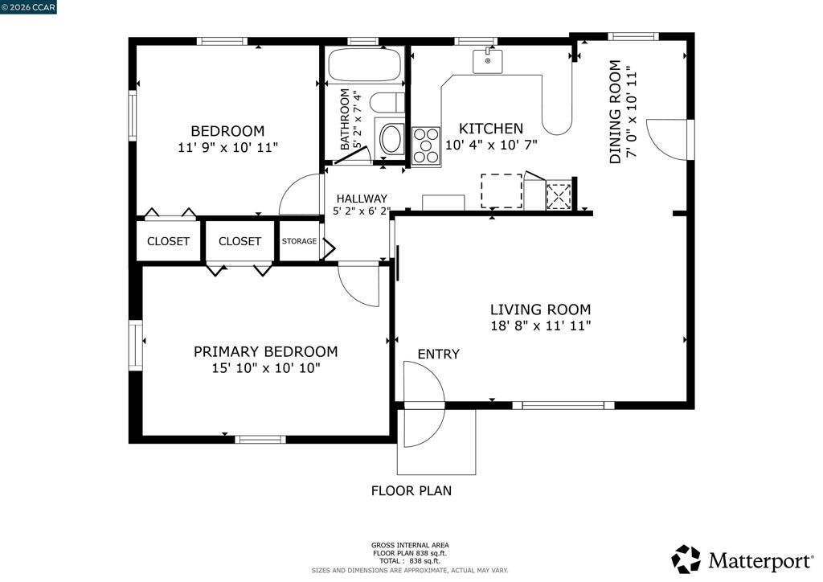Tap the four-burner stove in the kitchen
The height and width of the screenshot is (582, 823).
pyautogui.click(x=426, y=146)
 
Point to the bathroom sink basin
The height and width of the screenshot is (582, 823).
pyautogui.click(x=392, y=139)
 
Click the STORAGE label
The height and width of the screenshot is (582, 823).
pyautogui.click(x=299, y=241)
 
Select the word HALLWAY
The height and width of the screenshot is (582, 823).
pyautogui.click(x=362, y=199)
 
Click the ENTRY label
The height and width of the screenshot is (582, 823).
pyautogui.click(x=438, y=354)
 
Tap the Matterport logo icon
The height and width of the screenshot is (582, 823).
pyautogui.click(x=686, y=559)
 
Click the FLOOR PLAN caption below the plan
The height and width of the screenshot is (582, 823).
pyautogui.click(x=411, y=490)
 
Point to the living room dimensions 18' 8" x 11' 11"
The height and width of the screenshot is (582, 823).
pyautogui.click(x=541, y=326)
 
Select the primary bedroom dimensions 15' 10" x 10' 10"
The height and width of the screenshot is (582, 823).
pyautogui.click(x=265, y=368)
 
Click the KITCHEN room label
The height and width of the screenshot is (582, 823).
pyautogui.click(x=490, y=129)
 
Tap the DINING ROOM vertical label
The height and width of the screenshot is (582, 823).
pyautogui.click(x=616, y=113)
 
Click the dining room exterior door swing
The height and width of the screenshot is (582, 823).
pyautogui.click(x=667, y=139)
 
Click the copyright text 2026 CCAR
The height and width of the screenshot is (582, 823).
pyautogui.click(x=29, y=6)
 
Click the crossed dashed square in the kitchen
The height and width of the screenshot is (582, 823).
pyautogui.click(x=559, y=196)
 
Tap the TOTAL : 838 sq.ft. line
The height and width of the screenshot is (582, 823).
pyautogui.click(x=410, y=560)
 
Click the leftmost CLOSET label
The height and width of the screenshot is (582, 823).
pyautogui.click(x=168, y=241)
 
